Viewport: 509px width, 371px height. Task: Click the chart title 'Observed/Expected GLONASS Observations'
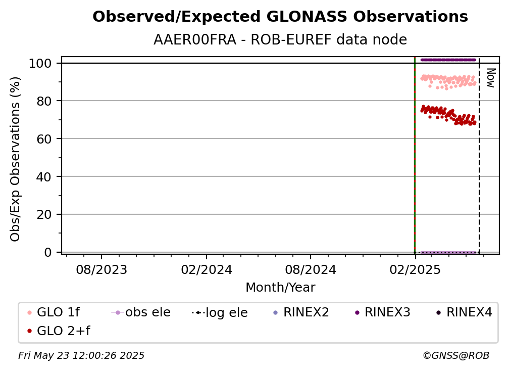[280, 17]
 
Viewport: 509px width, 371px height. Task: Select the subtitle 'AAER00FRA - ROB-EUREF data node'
[280, 39]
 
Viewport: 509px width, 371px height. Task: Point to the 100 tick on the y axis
[40, 63]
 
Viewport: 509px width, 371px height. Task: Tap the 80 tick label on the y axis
[44, 101]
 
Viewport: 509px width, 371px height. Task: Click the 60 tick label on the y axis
[44, 138]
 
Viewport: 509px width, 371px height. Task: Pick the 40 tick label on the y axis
[44, 177]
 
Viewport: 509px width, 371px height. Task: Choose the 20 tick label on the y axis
[44, 214]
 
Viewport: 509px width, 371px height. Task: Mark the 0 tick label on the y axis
[48, 252]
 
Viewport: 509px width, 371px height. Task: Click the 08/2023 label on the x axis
[101, 269]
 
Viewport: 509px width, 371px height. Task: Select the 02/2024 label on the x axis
[207, 269]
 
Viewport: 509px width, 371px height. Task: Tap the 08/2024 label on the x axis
[311, 269]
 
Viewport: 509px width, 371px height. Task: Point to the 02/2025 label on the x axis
[415, 269]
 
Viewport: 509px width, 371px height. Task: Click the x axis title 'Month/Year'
[280, 287]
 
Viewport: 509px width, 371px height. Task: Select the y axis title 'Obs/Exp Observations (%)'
[15, 159]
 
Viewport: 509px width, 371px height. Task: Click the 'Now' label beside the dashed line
[490, 78]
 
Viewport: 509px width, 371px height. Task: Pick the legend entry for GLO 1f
[53, 312]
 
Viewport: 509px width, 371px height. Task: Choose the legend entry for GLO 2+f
[59, 331]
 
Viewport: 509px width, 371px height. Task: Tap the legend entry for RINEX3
[383, 312]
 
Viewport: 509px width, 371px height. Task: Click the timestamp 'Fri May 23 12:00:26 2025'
[81, 356]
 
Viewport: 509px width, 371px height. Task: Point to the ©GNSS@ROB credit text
[456, 356]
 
